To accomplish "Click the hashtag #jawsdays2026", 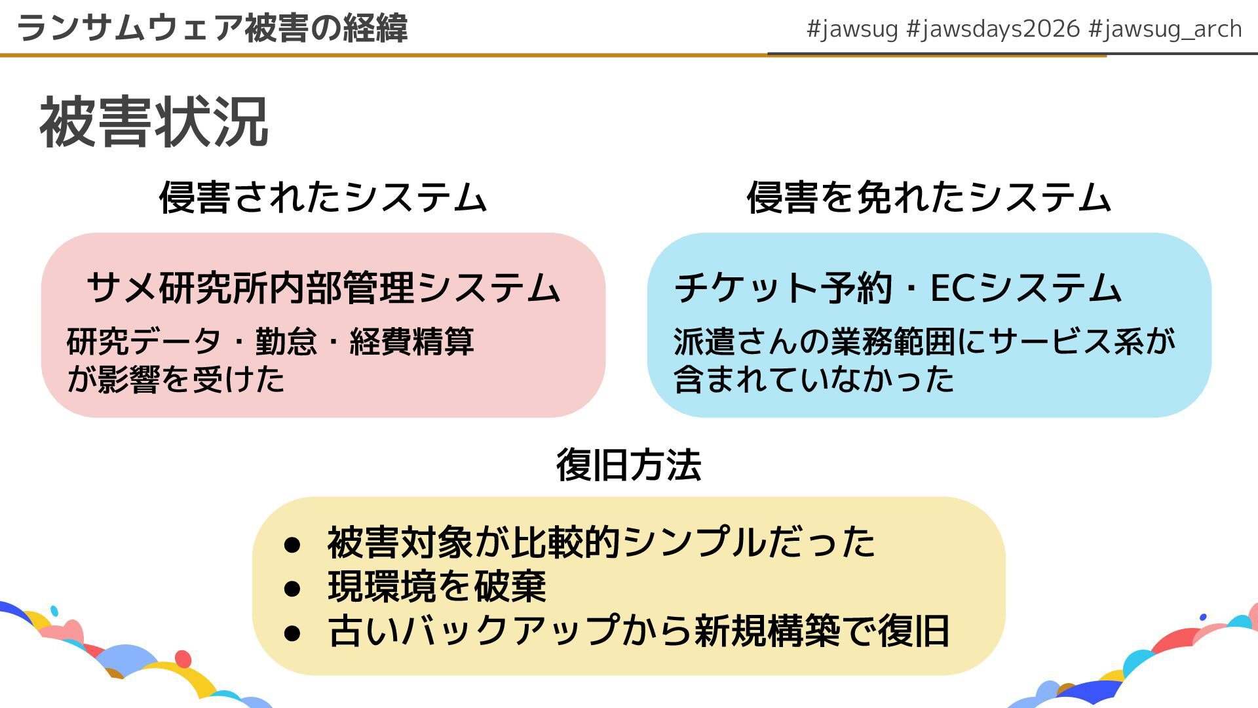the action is tap(993, 29).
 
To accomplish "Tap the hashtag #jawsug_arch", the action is tap(1164, 29).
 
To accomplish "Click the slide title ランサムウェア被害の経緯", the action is tap(212, 28).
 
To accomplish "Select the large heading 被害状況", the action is tap(154, 123).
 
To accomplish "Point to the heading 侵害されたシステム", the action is tap(322, 197).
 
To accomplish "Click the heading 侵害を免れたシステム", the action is tap(928, 197).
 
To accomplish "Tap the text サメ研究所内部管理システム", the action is tap(323, 288).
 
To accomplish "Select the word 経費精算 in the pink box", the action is tap(411, 342).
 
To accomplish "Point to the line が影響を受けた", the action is tap(176, 379).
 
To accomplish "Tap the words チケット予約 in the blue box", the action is tap(786, 288).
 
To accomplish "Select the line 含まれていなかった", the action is tap(814, 379).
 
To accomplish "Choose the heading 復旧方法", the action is tap(628, 465).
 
